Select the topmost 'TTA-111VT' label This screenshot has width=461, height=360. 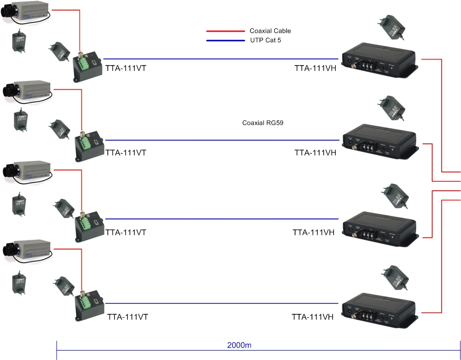click(126, 69)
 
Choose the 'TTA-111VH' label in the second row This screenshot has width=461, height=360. click(315, 153)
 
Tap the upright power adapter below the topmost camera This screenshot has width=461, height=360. click(19, 43)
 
